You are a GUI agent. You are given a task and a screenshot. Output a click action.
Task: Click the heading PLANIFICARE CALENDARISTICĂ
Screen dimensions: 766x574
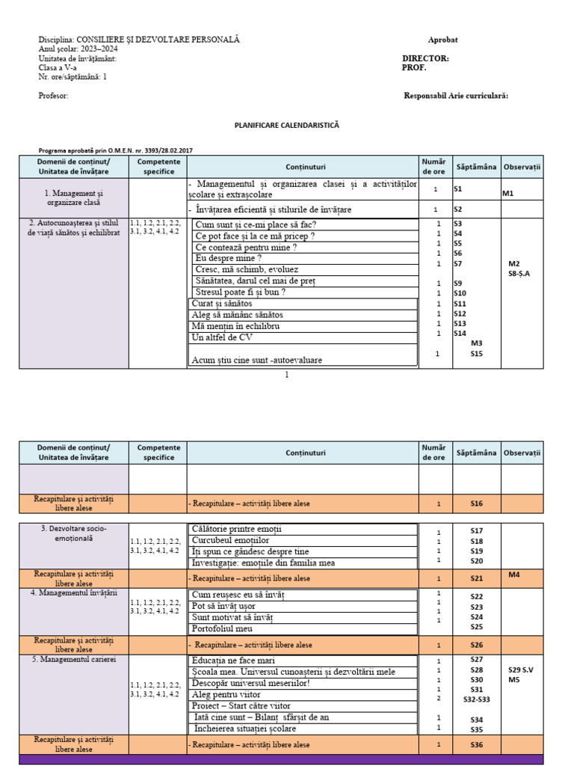[287, 126]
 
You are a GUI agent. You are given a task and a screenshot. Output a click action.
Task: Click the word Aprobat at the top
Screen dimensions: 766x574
[442, 40]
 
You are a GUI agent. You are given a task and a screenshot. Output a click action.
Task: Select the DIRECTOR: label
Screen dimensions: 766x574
[425, 58]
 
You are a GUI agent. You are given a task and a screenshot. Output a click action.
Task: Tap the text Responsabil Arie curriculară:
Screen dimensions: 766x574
[456, 96]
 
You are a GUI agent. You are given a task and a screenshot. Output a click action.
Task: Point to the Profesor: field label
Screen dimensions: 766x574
[53, 96]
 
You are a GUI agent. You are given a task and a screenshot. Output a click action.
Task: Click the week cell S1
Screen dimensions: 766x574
[458, 190]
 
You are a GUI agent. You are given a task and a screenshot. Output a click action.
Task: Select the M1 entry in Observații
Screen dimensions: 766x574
[508, 194]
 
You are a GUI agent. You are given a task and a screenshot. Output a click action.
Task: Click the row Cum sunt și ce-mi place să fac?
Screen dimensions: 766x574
[256, 224]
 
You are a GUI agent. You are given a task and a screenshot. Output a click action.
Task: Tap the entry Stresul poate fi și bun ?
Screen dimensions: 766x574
[244, 292]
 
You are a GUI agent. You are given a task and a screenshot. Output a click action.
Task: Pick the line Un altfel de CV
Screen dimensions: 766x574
[222, 337]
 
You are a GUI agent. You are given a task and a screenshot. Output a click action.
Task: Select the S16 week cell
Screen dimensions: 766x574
[477, 503]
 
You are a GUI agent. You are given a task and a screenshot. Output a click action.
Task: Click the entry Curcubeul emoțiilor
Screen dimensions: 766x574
[230, 540]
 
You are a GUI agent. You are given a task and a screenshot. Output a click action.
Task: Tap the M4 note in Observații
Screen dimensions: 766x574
[514, 574]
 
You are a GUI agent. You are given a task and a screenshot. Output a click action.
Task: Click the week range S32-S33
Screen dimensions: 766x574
[477, 699]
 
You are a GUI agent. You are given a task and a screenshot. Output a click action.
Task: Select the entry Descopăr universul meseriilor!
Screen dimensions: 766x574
[250, 683]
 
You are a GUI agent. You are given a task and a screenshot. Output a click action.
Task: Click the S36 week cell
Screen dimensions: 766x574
[477, 744]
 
